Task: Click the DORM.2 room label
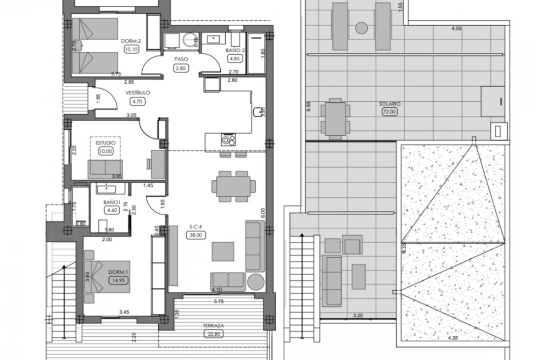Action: click(131, 41)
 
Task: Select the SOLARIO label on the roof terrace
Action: click(390, 104)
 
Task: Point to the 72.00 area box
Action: click(390, 111)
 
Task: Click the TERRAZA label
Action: click(213, 326)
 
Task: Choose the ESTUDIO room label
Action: click(106, 143)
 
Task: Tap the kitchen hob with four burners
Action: click(228, 139)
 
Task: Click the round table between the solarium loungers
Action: click(361, 28)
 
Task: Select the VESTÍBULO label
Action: click(137, 93)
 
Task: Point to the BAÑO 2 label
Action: click(235, 50)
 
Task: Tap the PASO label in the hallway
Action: click(181, 59)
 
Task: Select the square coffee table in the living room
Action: click(223, 251)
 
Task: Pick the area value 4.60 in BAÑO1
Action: click(112, 210)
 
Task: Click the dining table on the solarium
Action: click(336, 119)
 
